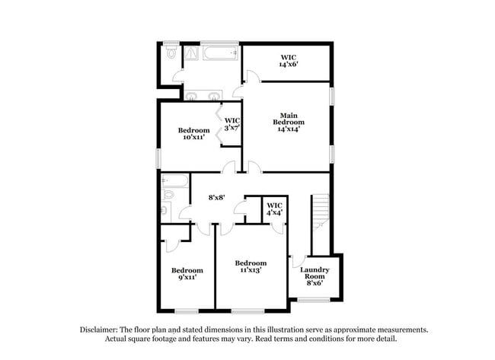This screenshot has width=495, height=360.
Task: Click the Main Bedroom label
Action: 289,123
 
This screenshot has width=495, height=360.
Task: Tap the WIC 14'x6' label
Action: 288,61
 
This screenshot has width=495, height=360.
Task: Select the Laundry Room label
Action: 314,276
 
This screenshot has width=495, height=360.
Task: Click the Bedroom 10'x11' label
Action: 193,133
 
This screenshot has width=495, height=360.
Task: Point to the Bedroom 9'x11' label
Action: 187,274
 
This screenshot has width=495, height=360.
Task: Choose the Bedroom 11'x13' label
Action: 251,266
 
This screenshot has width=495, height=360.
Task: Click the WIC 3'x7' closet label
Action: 232,124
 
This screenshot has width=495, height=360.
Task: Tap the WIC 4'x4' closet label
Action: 274,209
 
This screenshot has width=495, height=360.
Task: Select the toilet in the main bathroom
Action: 171,54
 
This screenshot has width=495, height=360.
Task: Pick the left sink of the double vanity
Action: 191,96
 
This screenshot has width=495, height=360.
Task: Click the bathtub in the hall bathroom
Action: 175,181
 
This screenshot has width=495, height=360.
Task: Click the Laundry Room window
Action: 314,299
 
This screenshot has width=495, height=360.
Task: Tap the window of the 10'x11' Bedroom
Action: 159,156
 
